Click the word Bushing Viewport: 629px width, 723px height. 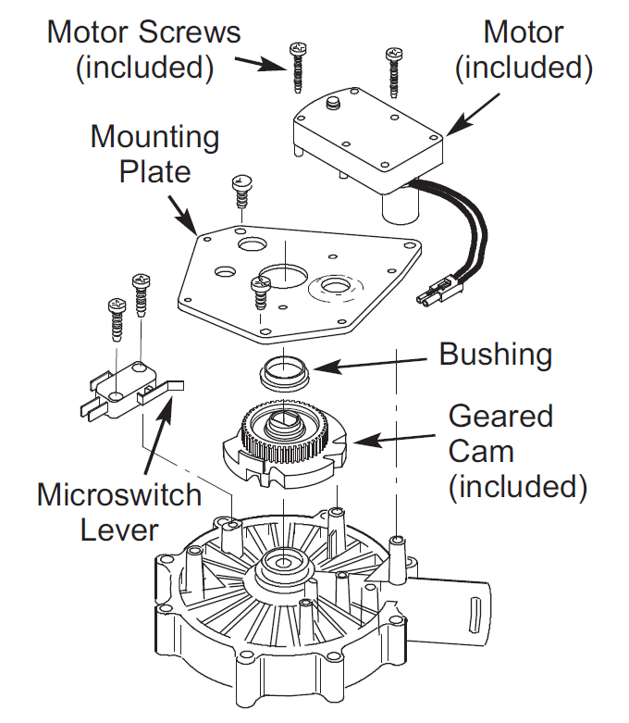(495, 354)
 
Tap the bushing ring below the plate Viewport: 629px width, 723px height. (284, 372)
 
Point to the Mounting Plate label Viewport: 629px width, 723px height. (154, 154)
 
